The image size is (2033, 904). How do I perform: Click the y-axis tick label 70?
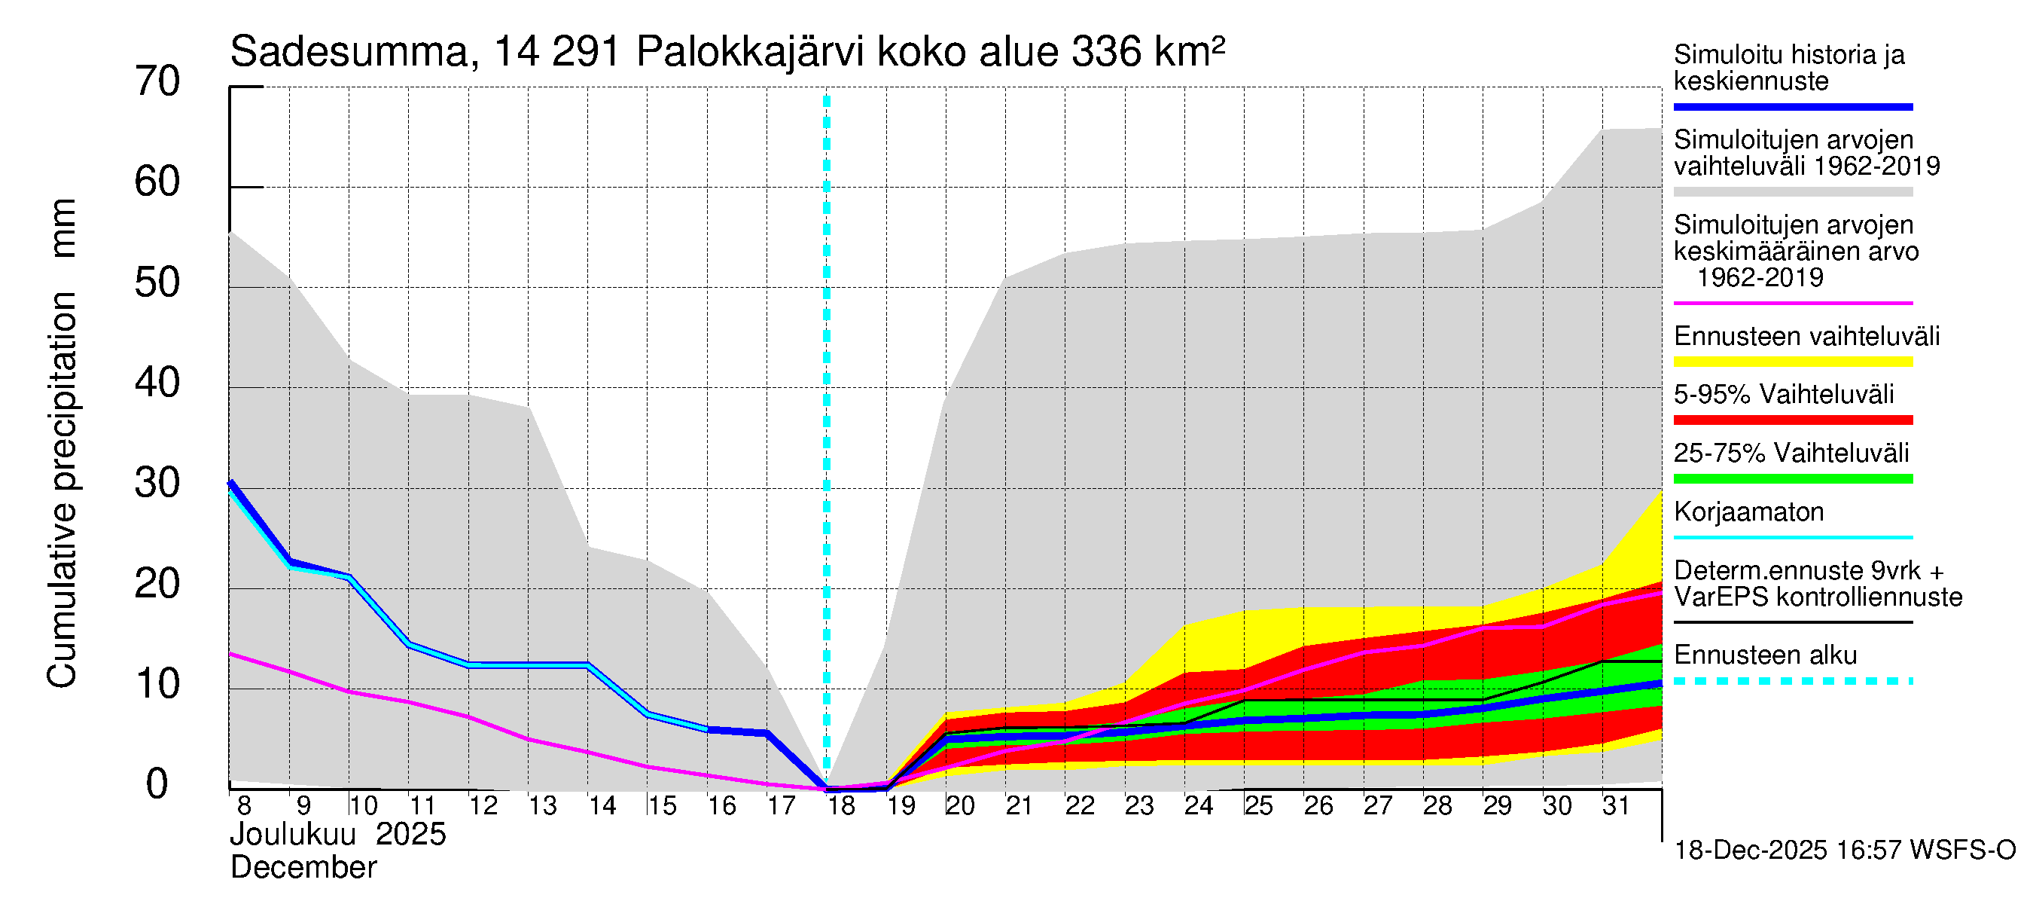tap(157, 81)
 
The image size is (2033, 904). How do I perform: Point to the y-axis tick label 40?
tap(157, 383)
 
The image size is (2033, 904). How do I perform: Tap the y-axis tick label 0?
tap(157, 784)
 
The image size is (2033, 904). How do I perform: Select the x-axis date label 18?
tap(841, 805)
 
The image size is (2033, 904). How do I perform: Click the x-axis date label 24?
tap(1198, 805)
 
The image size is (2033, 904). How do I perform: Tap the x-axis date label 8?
tap(244, 805)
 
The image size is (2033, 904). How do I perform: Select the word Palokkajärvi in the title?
tap(750, 52)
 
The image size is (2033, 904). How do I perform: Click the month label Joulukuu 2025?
tap(338, 835)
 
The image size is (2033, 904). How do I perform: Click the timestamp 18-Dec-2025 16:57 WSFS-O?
tap(1844, 851)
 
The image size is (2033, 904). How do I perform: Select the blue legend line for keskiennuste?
tap(1793, 106)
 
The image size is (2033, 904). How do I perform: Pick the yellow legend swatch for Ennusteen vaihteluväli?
tap(1793, 362)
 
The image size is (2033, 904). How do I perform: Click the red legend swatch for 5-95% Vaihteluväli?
tap(1793, 420)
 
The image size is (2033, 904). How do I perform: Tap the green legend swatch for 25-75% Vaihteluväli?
tap(1793, 478)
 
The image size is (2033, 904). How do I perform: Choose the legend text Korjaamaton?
tap(1749, 512)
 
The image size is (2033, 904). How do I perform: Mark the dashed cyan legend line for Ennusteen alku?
tap(1793, 680)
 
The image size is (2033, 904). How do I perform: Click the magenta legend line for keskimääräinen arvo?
tap(1793, 303)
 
